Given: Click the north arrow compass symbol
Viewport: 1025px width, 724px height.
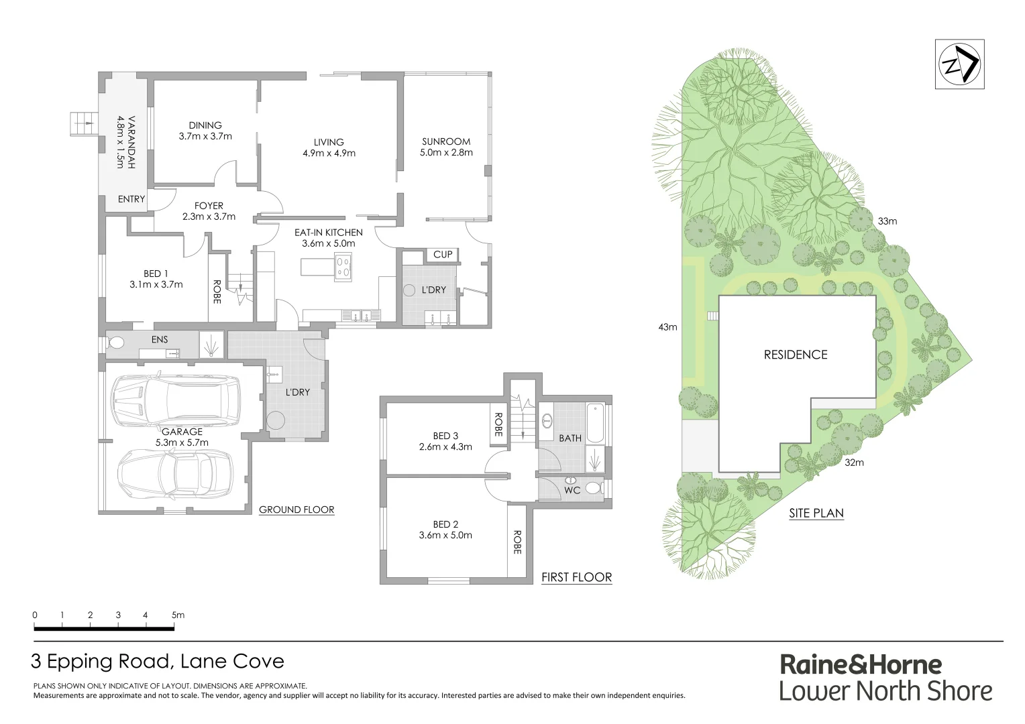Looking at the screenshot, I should coord(959,64).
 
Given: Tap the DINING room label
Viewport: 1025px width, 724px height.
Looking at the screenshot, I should coord(205,131).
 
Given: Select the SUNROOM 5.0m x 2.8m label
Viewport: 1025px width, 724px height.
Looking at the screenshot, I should coord(446,147).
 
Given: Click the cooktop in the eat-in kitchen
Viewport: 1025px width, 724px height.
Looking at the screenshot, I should coord(343,267).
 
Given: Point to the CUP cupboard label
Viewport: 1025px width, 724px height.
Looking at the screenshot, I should coord(443,255).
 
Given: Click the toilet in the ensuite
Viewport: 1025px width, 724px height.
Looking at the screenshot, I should coord(116,343).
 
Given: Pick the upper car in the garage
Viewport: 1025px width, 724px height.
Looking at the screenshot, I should coord(176,401).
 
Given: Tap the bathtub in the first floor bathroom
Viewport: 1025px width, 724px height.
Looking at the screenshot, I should coord(594,423).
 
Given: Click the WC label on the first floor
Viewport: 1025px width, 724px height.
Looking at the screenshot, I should coord(572,490).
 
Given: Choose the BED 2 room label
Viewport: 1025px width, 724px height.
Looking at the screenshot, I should coord(445,530).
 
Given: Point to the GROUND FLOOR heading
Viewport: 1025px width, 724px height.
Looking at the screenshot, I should coord(296,509).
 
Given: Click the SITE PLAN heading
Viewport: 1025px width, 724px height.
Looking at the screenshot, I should coord(816,513).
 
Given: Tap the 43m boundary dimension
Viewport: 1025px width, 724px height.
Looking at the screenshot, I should coord(667,327).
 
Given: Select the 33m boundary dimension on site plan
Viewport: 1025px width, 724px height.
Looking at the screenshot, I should coord(887,221).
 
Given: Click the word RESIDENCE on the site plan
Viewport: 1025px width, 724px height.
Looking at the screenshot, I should coord(796,355).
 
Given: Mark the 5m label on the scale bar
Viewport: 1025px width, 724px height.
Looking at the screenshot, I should coord(178,615).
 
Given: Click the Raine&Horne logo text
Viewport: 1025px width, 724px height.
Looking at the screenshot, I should coord(861,665).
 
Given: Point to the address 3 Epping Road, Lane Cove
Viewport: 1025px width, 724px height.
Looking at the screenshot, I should coord(158,662).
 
